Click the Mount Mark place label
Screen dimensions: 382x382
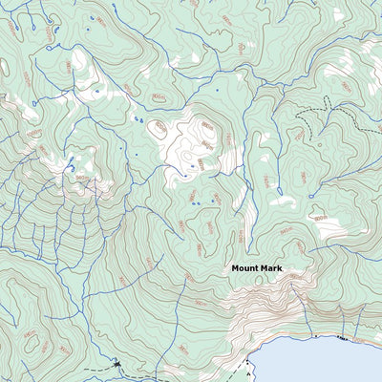[x=257, y=269]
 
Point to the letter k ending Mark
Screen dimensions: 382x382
[x=280, y=269]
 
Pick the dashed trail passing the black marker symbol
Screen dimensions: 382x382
[x=95, y=369]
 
